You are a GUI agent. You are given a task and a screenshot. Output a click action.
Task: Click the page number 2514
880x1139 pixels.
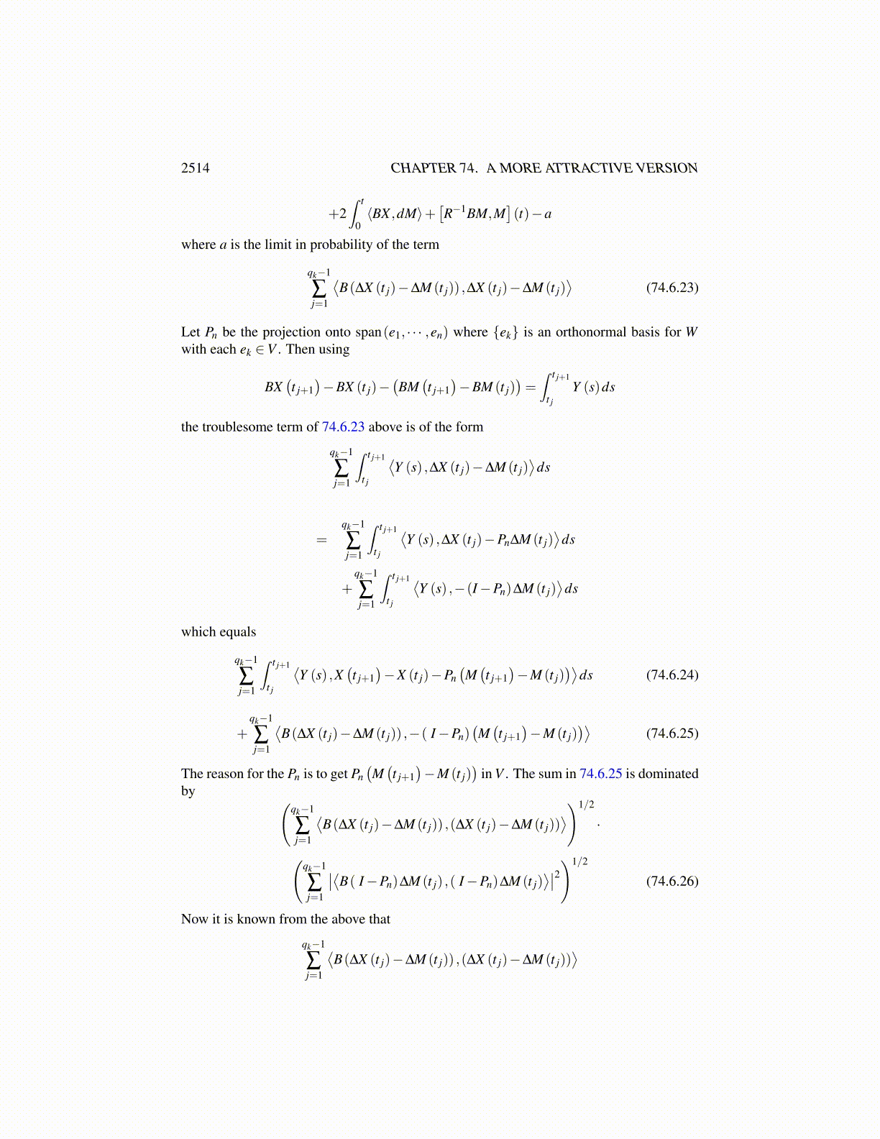click(195, 168)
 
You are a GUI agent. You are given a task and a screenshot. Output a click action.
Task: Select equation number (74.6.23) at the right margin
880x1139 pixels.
click(672, 288)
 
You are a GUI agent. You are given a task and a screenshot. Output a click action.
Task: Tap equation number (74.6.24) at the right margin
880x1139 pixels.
click(672, 674)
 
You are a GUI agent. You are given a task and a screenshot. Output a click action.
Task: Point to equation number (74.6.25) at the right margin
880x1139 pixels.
click(672, 733)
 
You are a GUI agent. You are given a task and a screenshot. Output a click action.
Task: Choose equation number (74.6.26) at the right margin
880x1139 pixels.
click(672, 881)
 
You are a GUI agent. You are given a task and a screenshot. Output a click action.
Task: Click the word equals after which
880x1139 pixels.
click(239, 632)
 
